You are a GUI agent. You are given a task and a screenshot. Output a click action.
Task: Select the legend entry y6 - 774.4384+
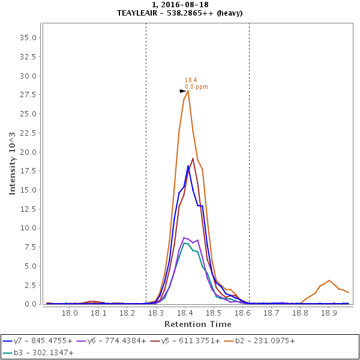[117, 341]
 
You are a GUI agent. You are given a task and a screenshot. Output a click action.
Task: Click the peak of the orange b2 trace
[188, 91]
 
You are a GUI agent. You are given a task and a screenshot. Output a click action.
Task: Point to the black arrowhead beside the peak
[183, 91]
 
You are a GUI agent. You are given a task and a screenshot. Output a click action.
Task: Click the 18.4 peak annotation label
[191, 80]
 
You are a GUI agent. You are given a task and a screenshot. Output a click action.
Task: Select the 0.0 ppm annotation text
[196, 86]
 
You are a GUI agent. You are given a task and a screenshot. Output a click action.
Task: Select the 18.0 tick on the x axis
[70, 313]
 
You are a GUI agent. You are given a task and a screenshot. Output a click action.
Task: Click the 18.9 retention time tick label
[329, 313]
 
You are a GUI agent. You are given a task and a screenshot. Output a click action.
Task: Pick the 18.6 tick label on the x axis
[242, 313]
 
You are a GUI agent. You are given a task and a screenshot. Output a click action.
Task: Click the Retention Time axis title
[197, 324]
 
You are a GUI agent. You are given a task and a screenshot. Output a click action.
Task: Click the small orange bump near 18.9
[329, 281]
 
